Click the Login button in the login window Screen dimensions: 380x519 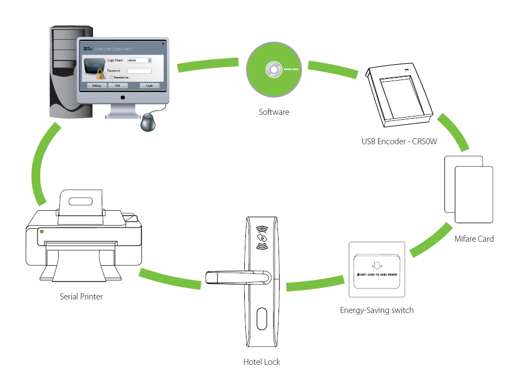[150, 85]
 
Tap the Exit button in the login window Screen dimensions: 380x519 [118, 85]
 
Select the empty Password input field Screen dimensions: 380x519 [139, 70]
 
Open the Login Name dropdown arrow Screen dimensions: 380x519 [150, 60]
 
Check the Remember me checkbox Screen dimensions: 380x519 [112, 77]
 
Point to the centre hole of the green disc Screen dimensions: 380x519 [271, 70]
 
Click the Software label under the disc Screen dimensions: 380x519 [274, 112]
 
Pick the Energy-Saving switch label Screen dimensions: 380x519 [376, 310]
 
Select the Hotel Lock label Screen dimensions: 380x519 [262, 361]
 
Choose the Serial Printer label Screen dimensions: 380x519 [81, 297]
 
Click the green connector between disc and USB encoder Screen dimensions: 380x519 [332, 70]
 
